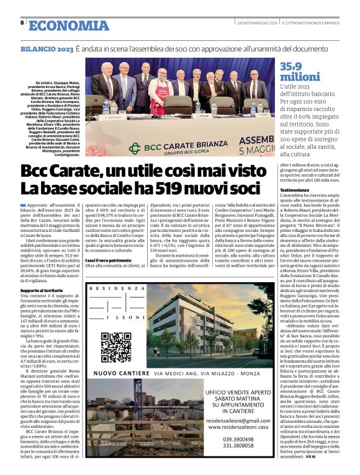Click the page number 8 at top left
(x=22, y=24)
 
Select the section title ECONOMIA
(x=68, y=25)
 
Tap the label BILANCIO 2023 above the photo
(x=47, y=48)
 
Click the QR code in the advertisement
(x=115, y=347)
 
